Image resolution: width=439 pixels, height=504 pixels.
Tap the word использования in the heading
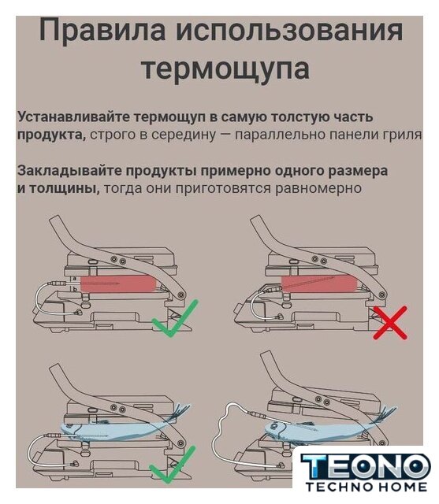289,31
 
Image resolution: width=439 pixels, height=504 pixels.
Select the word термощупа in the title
225,69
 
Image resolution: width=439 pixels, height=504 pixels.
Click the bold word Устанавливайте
74,117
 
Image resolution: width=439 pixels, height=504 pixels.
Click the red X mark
390,323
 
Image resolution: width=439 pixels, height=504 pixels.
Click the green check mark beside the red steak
175,318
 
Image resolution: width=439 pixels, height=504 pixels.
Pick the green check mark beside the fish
173,464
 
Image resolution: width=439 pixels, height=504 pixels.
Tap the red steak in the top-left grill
118,283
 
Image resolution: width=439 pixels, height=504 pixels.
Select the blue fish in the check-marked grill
125,429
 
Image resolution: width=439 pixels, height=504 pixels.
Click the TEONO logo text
366,466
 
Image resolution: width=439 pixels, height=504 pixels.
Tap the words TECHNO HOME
366,487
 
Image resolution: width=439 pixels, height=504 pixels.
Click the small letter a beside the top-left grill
75,278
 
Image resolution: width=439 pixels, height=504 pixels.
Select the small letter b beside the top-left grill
75,289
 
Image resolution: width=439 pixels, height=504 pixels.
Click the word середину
183,135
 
